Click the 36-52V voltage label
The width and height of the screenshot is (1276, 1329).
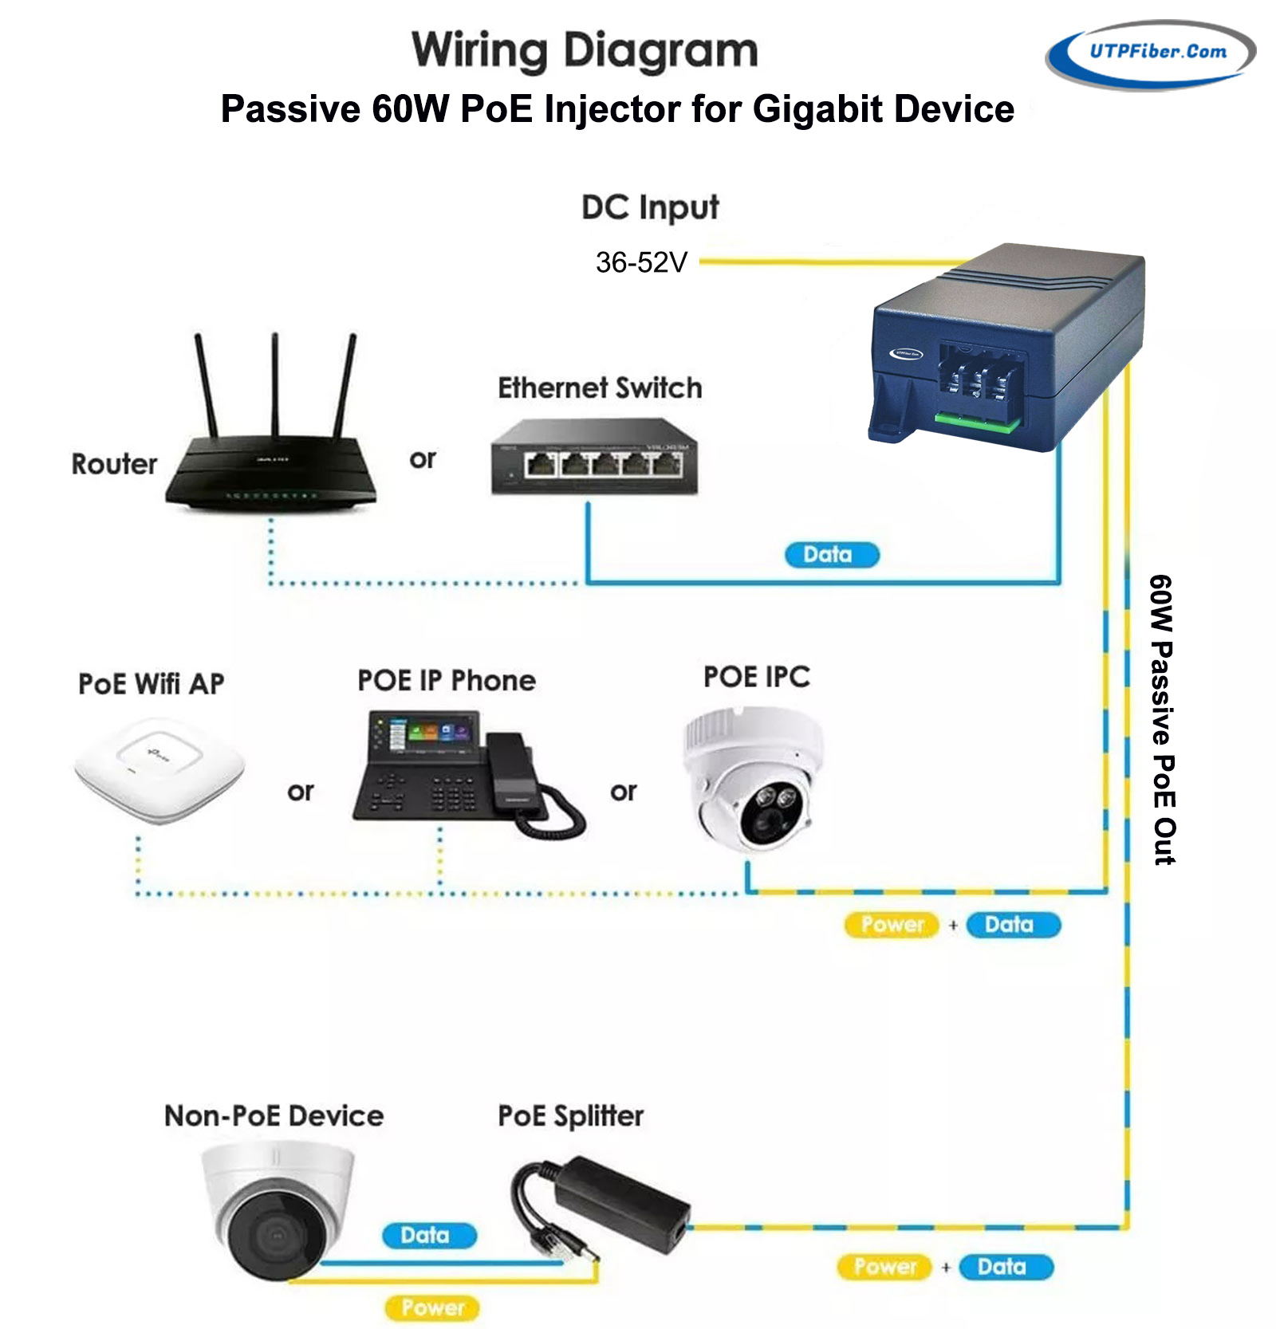[x=641, y=262]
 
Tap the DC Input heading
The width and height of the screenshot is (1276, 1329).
[x=650, y=207]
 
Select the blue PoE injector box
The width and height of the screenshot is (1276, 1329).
[x=1009, y=347]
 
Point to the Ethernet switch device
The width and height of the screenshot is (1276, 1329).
[x=594, y=458]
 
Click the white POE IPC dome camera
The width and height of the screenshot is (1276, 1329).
[x=754, y=777]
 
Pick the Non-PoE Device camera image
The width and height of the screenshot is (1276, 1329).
[x=275, y=1208]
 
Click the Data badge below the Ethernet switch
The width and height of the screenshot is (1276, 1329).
[x=831, y=555]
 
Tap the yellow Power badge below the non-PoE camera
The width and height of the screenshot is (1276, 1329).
[x=432, y=1308]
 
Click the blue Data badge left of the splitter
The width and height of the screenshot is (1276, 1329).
[x=429, y=1236]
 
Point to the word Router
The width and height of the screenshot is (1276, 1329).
[x=114, y=464]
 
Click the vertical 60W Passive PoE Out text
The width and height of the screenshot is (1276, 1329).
[x=1163, y=719]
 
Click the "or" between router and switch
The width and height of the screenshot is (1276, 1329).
[x=423, y=459]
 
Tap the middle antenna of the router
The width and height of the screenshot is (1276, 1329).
[x=275, y=383]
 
